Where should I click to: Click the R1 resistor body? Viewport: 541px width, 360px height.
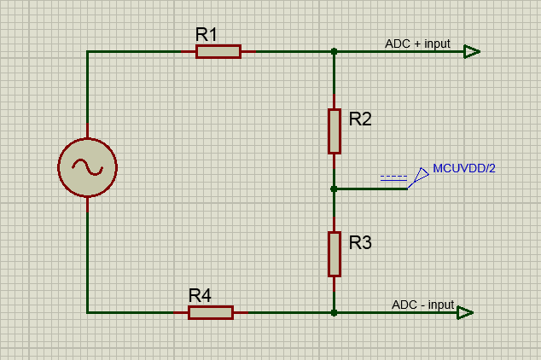[218, 52]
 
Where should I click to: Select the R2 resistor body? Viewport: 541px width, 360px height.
[334, 131]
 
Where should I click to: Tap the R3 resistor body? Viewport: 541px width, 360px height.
[334, 254]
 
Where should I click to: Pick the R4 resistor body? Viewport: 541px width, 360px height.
[211, 313]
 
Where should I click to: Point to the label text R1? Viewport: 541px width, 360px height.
[207, 34]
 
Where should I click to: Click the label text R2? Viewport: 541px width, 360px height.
[360, 119]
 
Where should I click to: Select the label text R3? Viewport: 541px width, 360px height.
[360, 243]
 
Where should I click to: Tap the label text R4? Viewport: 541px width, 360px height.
[200, 295]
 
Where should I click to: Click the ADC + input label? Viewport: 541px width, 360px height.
[417, 44]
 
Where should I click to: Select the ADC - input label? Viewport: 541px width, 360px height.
[422, 305]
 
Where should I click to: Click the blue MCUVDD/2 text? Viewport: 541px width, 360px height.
[464, 168]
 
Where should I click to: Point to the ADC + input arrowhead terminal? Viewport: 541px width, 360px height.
[472, 52]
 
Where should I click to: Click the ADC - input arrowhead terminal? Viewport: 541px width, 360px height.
[465, 313]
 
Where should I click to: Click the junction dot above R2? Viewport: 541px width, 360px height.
[334, 52]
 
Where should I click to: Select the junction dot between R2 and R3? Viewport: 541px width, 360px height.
[334, 189]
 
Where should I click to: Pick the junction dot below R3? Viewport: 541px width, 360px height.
[334, 313]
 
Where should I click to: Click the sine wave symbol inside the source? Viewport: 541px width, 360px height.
[88, 167]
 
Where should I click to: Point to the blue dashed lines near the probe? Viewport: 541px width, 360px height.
[393, 178]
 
